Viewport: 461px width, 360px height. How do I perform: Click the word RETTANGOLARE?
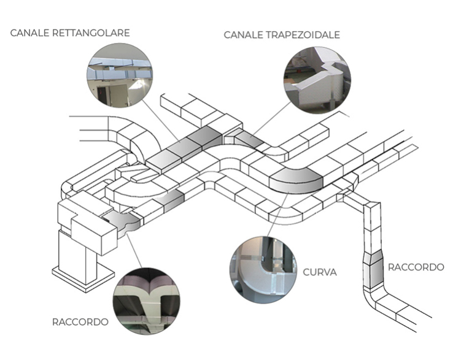coord(91,33)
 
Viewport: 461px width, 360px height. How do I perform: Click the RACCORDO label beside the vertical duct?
coord(416,267)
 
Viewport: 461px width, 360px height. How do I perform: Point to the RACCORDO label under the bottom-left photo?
coord(80,321)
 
